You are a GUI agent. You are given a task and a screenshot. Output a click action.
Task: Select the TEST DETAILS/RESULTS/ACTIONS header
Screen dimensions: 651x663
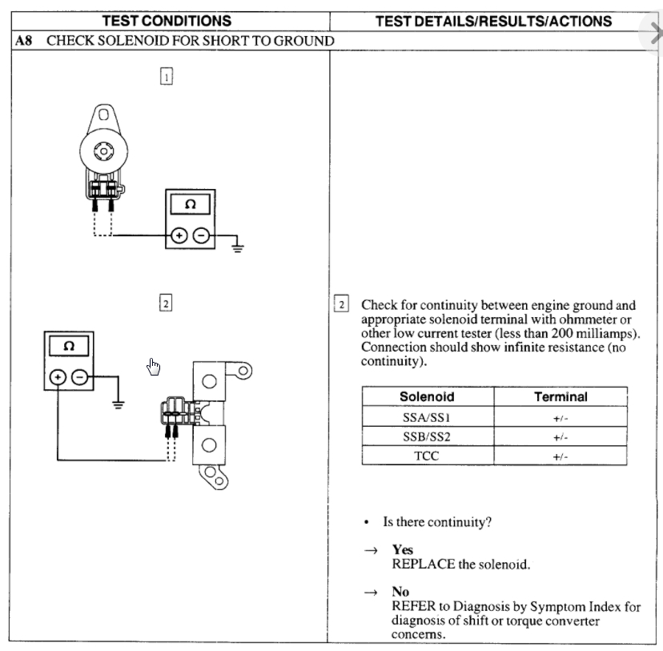494,22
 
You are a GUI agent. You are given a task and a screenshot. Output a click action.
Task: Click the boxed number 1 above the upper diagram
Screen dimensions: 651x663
166,77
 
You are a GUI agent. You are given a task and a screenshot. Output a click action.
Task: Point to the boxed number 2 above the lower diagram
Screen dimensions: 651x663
166,303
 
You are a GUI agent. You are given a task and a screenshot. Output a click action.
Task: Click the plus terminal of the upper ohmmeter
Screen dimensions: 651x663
179,235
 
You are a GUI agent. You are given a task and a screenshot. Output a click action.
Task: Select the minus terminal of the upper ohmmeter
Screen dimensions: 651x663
201,235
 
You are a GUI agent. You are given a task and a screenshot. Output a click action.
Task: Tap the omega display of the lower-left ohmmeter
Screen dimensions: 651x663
69,347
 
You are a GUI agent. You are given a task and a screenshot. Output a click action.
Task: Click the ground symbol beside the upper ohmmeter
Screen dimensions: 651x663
237,246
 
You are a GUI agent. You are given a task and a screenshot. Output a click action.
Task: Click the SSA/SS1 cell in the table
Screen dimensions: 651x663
427,417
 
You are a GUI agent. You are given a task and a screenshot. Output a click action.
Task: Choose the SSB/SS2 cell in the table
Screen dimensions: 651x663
427,437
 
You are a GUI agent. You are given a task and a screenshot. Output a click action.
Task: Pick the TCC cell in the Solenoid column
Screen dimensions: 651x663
427,456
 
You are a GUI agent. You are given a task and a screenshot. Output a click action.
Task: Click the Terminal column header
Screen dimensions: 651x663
561,396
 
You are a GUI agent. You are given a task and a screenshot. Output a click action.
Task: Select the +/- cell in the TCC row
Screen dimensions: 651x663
561,456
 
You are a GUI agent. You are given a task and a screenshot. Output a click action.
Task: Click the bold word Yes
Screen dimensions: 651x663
403,550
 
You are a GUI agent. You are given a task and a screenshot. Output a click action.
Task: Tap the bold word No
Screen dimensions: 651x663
400,592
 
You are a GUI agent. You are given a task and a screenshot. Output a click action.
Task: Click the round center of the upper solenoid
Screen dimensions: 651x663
103,150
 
